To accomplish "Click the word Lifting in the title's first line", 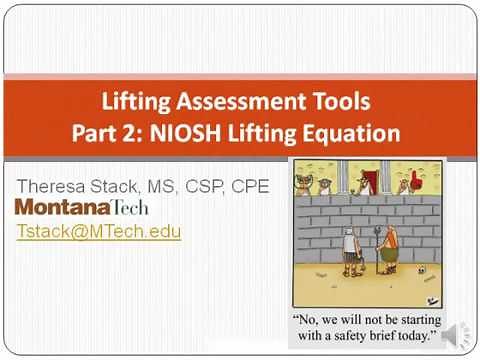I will pyautogui.click(x=140, y=102).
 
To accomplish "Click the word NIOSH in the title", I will pyautogui.click(x=212, y=132).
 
